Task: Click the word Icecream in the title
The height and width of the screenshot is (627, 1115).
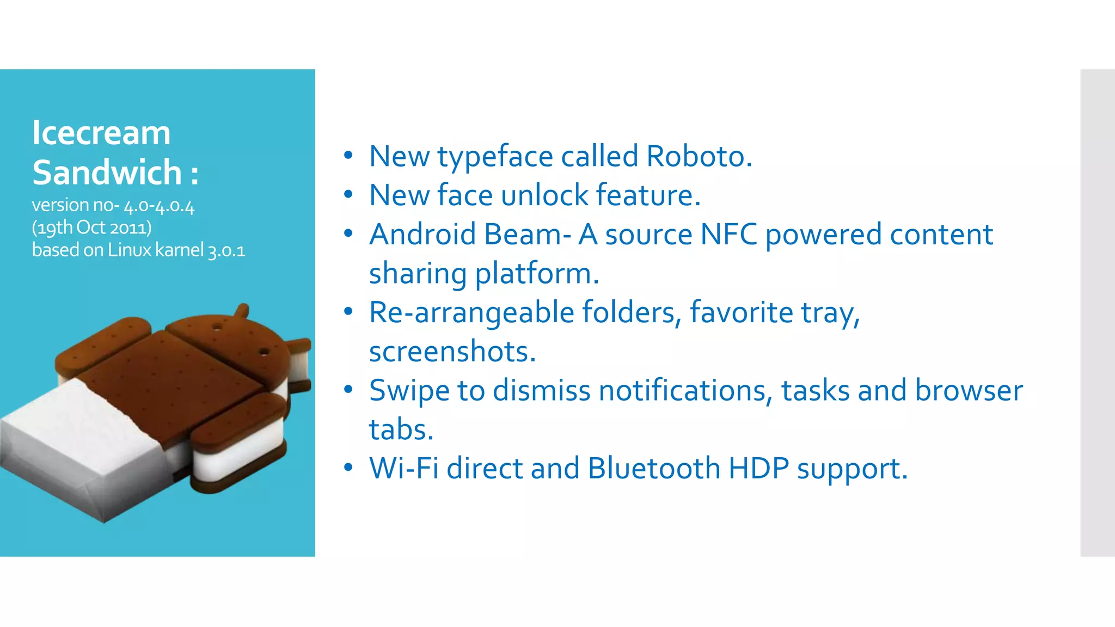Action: (101, 133)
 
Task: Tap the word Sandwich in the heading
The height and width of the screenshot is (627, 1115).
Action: (107, 173)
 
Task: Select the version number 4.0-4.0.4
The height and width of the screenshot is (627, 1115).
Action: (159, 206)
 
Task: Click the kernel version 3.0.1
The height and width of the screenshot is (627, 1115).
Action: (226, 251)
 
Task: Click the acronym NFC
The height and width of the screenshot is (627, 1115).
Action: (728, 235)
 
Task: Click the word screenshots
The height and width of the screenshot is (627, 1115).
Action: (452, 352)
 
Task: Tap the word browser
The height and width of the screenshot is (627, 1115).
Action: (969, 391)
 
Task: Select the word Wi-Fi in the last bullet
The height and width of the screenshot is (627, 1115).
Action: (403, 469)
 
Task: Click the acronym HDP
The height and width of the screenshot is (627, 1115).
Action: (758, 469)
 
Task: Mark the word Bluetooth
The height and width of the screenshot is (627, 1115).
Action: (654, 469)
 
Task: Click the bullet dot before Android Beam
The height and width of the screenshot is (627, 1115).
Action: (348, 233)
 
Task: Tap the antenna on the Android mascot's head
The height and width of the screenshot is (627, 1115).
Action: (241, 312)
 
